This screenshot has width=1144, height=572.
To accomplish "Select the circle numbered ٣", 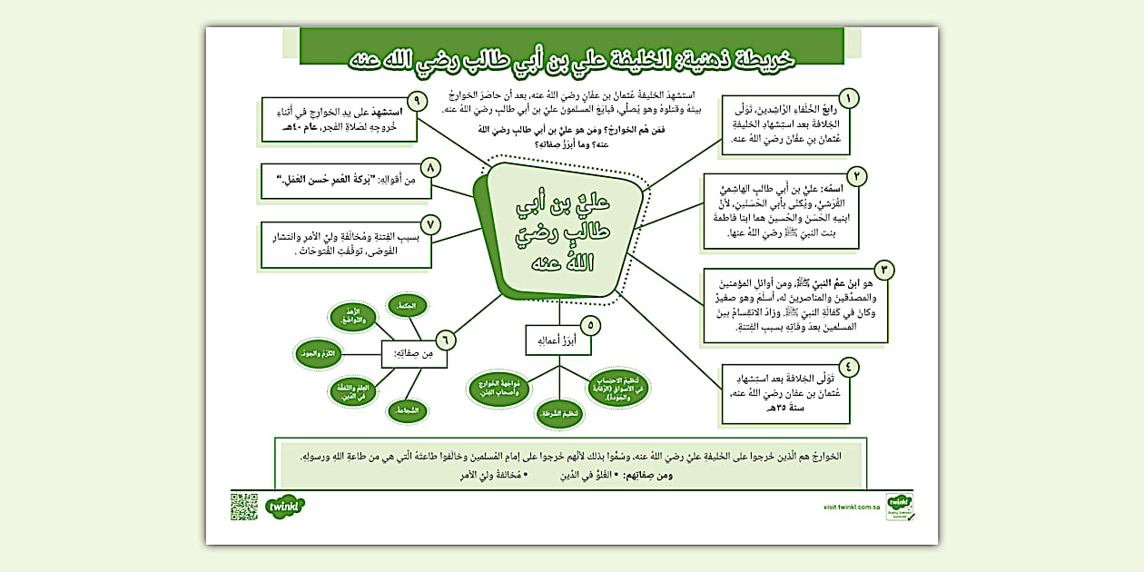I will [x=883, y=269].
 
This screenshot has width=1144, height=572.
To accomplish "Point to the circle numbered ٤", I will [x=849, y=368].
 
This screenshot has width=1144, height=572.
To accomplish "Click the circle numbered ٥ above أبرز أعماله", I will [x=590, y=324].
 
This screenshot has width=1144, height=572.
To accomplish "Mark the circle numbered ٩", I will [x=417, y=100].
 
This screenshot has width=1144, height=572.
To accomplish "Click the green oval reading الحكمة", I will [x=407, y=306].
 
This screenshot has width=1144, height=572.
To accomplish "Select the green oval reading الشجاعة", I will [x=409, y=411].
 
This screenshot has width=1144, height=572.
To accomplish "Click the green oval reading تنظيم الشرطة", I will [x=558, y=414].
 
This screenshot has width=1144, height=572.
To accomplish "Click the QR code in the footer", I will [x=244, y=506].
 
